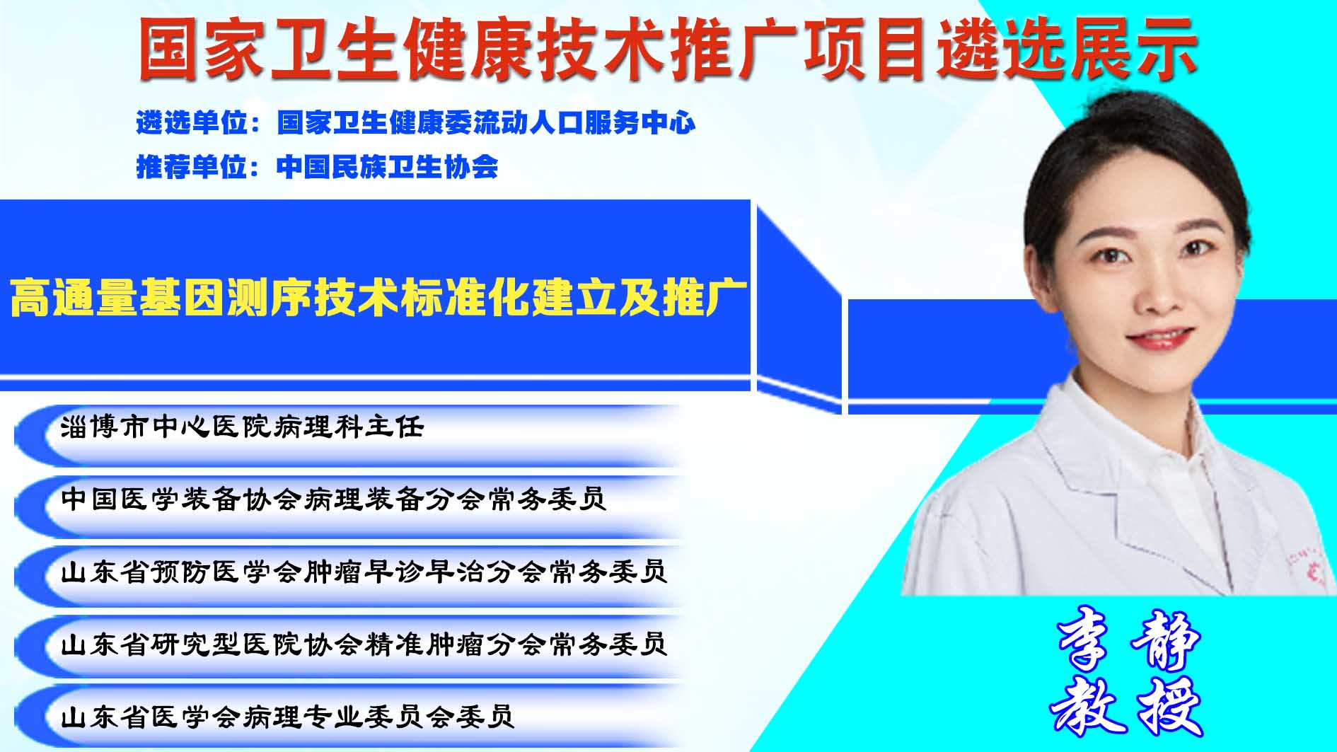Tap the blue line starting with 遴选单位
(416, 122)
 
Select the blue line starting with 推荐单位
(317, 167)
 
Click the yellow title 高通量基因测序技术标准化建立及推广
(378, 298)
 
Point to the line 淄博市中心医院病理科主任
(242, 427)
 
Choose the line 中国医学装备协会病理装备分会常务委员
(333, 499)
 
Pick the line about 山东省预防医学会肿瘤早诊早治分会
(364, 572)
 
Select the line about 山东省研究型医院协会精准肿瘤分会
(364, 644)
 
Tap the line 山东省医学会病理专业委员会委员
(286, 717)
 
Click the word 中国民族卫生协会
(387, 167)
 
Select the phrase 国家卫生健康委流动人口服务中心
(486, 122)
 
